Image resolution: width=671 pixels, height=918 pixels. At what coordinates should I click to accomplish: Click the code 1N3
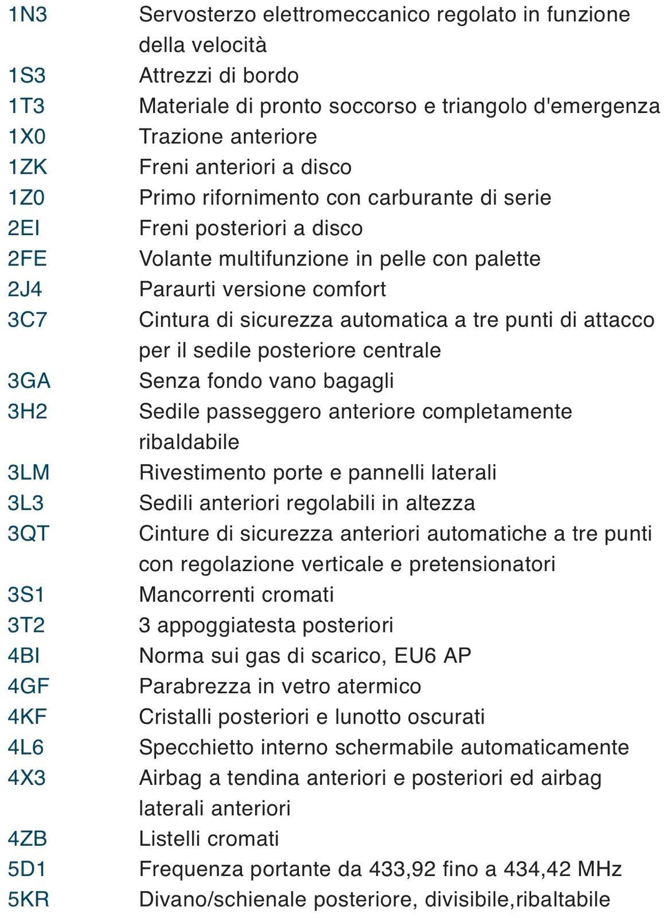pyautogui.click(x=27, y=14)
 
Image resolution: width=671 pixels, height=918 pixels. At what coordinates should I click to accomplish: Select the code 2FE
pyautogui.click(x=27, y=259)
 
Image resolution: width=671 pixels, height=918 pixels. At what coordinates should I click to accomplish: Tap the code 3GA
pyautogui.click(x=29, y=381)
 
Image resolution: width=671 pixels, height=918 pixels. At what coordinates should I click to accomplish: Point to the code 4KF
pyautogui.click(x=27, y=717)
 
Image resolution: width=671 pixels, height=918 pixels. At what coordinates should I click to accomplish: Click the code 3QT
pyautogui.click(x=28, y=534)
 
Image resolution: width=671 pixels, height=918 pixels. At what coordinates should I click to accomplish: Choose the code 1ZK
pyautogui.click(x=27, y=167)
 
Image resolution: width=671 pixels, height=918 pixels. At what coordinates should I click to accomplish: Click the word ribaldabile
pyautogui.click(x=189, y=442)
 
